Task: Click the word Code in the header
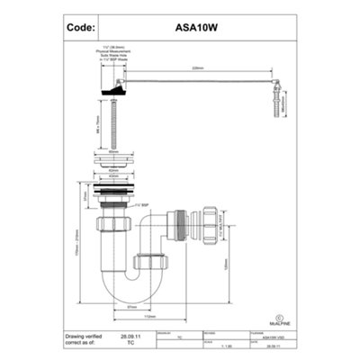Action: [x=81, y=28]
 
